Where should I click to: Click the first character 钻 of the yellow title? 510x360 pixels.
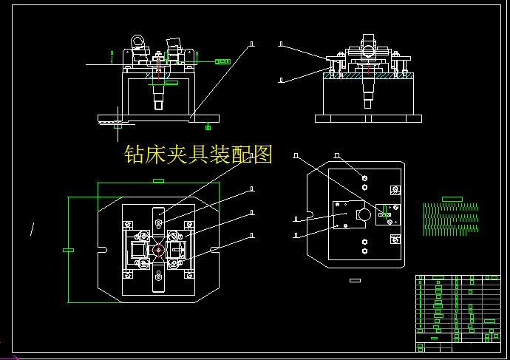[x=135, y=154]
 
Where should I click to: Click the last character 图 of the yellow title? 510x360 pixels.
[x=263, y=154]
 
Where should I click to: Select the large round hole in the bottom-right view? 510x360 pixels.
[x=363, y=214]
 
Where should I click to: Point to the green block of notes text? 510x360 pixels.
[x=451, y=219]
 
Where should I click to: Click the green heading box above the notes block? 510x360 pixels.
[x=451, y=199]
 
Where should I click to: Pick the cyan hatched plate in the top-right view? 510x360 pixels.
[x=367, y=75]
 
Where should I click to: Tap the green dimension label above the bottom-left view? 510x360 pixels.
[x=157, y=180]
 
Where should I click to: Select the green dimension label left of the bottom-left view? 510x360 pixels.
[x=68, y=251]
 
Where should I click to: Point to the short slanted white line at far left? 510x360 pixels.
[x=31, y=228]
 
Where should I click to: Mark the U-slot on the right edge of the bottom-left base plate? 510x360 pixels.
[x=214, y=250]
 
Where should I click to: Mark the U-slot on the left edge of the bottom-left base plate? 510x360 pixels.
[x=101, y=247]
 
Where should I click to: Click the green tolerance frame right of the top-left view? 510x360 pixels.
[x=220, y=63]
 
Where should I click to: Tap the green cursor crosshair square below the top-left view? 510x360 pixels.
[x=117, y=126]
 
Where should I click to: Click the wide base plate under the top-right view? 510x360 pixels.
[x=367, y=118]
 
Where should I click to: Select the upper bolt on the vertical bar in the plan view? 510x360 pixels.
[x=159, y=220]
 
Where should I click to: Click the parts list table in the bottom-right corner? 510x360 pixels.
[x=458, y=313]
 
